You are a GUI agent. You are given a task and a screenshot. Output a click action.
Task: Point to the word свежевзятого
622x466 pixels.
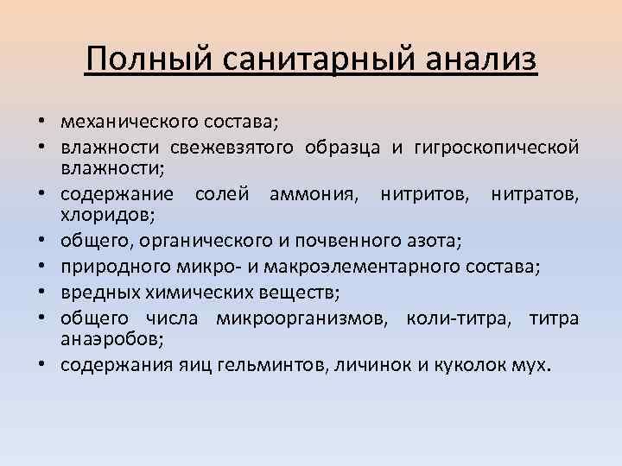tap(232, 147)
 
